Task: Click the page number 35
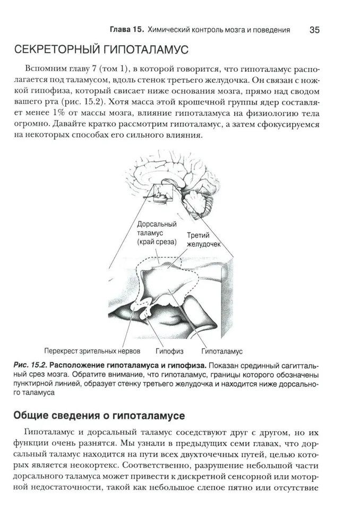(x=314, y=30)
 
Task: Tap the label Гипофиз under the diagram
(x=169, y=351)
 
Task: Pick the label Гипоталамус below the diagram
(x=222, y=351)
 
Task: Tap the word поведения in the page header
(x=272, y=30)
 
